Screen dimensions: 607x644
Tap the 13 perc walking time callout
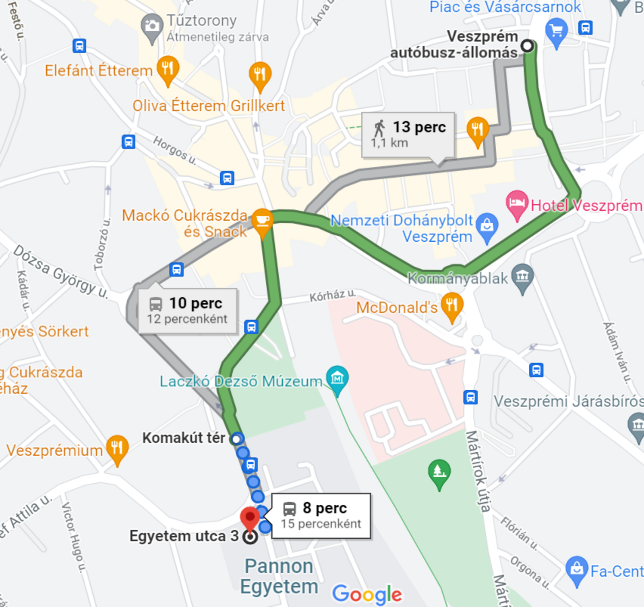coord(408,135)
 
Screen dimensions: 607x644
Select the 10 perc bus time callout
coord(187,311)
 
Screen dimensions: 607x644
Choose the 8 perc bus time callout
coord(321,516)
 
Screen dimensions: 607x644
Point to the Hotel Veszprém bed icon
coord(517,203)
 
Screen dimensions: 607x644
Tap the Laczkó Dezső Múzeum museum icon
coord(337,378)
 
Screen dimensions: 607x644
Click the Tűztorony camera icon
coord(152,26)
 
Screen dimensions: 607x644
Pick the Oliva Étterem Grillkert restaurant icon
coord(260,74)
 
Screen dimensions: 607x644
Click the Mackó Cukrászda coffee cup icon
coord(262,221)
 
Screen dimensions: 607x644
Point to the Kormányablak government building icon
coord(522,276)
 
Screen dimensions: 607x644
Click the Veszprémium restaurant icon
coord(117,447)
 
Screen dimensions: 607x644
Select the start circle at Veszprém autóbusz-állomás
coord(527,46)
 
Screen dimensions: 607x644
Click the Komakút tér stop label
coord(184,438)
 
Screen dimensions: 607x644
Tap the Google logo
coord(367,594)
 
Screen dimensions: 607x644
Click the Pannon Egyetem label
coord(279,576)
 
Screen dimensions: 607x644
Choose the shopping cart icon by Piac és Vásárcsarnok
coord(557,30)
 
